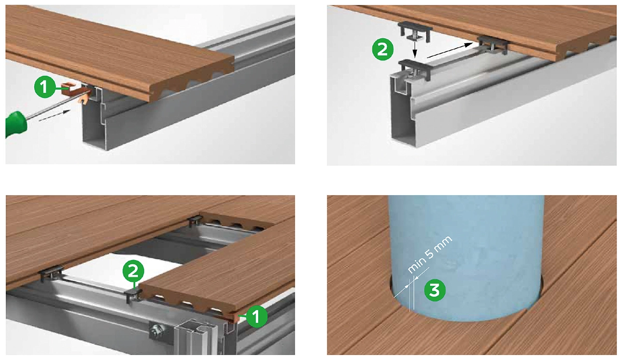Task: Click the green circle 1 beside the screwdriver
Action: coord(45,87)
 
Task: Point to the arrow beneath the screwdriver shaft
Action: coord(54,116)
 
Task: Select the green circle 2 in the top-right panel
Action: coord(383,50)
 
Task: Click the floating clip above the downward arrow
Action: coord(415,31)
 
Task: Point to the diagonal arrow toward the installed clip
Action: coord(450,50)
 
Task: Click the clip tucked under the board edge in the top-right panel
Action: coord(493,45)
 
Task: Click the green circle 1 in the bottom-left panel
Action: coord(256,316)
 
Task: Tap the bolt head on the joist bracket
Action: coord(156,330)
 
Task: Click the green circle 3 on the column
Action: coord(434,291)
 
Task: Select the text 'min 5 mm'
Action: coord(430,254)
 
